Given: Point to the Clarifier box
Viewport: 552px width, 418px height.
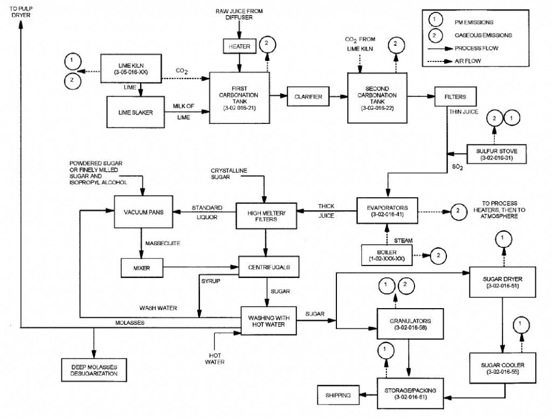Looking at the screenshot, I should point(308,96).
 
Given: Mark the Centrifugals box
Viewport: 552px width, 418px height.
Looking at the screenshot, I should point(268,266).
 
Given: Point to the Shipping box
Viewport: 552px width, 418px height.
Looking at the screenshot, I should point(339,395).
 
